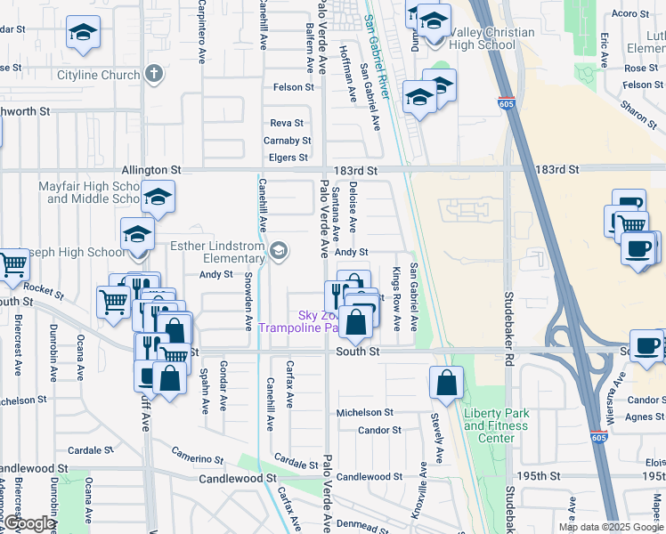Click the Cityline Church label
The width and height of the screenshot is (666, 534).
click(98, 76)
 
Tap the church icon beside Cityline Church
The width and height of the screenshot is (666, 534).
click(154, 74)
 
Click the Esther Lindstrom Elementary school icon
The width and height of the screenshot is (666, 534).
click(280, 251)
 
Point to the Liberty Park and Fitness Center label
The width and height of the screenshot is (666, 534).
click(496, 425)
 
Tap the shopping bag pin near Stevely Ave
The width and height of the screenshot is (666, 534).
click(446, 384)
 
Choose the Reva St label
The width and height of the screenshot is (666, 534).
click(287, 123)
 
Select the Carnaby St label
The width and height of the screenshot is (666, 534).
click(287, 141)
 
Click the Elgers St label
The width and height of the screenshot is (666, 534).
click(288, 158)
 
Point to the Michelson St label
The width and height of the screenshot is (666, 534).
click(363, 412)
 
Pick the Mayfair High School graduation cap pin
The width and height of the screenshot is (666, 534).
click(158, 198)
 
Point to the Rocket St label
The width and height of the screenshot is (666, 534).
click(39, 287)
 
